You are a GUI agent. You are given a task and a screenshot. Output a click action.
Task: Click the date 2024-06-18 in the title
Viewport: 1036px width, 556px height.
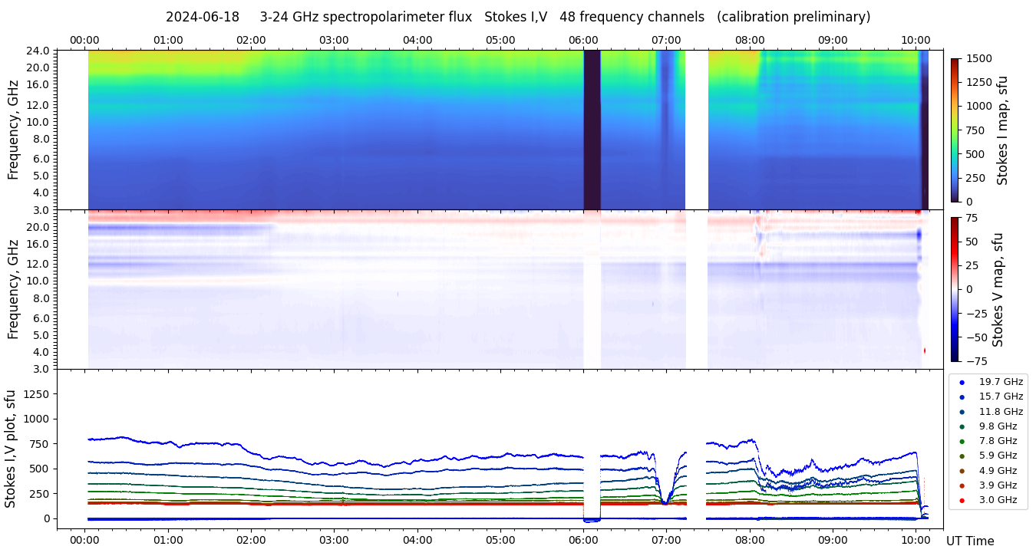pyautogui.click(x=203, y=17)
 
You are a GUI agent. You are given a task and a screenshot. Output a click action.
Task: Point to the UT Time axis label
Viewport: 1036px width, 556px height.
pyautogui.click(x=969, y=541)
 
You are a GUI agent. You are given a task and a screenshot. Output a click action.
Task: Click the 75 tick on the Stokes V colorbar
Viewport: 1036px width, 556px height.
pyautogui.click(x=972, y=218)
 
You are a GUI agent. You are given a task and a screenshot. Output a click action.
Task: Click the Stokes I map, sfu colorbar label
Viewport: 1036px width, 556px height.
pyautogui.click(x=1002, y=130)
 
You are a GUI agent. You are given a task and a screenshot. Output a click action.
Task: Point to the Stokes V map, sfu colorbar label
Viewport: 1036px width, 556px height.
pyautogui.click(x=998, y=290)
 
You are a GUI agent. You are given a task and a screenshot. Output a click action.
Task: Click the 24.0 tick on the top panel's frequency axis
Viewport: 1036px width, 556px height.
pyautogui.click(x=39, y=51)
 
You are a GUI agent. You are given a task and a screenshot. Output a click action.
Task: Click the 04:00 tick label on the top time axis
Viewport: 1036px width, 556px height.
pyautogui.click(x=417, y=40)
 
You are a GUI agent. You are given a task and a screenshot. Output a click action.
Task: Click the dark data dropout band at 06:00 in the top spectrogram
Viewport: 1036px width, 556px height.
pyautogui.click(x=592, y=130)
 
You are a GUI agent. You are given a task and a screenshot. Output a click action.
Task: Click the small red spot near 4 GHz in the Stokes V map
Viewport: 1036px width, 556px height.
pyautogui.click(x=924, y=350)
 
